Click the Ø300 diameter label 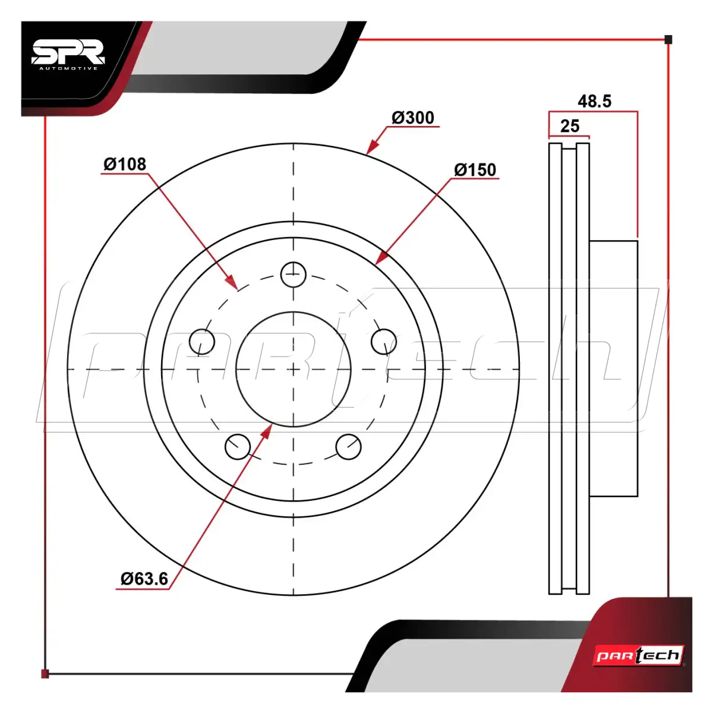pyautogui.click(x=412, y=118)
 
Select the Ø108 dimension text pyautogui.click(x=125, y=164)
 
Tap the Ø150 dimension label pyautogui.click(x=475, y=170)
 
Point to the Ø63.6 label pyautogui.click(x=144, y=578)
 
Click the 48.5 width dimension pyautogui.click(x=595, y=102)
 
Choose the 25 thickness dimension pyautogui.click(x=569, y=126)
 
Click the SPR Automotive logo pyautogui.click(x=68, y=55)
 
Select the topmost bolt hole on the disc pyautogui.click(x=294, y=275)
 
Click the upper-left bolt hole pyautogui.click(x=201, y=341)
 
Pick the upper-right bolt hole pyautogui.click(x=384, y=341)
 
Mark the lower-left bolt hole pyautogui.click(x=238, y=447)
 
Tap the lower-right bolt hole pyautogui.click(x=349, y=447)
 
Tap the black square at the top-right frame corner pyautogui.click(x=668, y=40)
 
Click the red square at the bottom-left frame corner pyautogui.click(x=45, y=674)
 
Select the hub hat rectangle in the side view pyautogui.click(x=613, y=368)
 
